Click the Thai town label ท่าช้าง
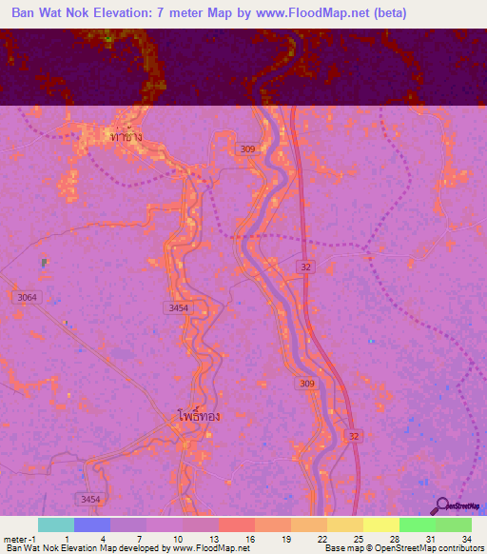tap(127, 137)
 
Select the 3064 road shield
tap(28, 298)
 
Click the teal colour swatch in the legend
tap(56, 524)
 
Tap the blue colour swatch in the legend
tap(92, 524)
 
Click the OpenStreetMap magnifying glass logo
tap(440, 506)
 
